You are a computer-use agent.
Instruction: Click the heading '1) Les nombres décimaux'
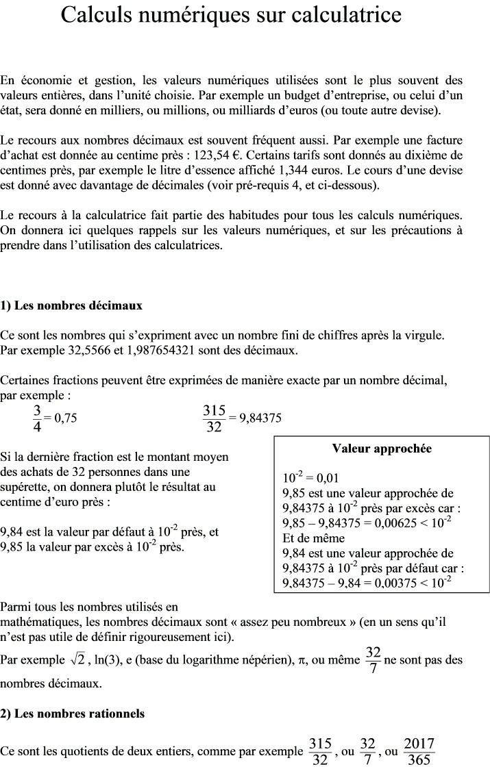click(x=71, y=305)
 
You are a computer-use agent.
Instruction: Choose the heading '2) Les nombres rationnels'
click(x=73, y=714)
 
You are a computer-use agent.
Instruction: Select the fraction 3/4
click(x=37, y=418)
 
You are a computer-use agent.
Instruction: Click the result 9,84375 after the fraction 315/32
click(x=260, y=418)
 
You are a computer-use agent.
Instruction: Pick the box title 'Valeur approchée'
click(x=382, y=449)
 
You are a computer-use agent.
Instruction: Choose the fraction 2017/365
click(x=419, y=751)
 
